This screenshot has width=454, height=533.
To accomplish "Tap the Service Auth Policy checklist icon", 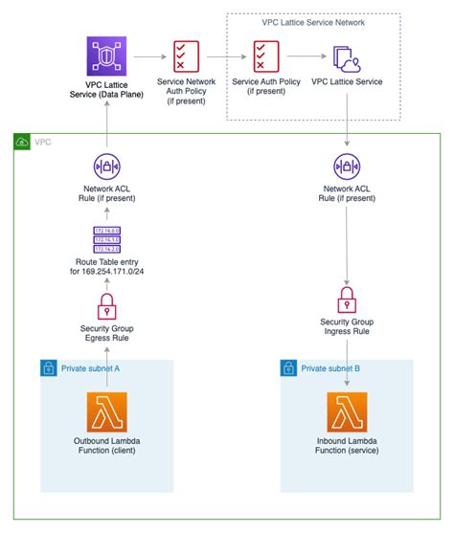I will (265, 57).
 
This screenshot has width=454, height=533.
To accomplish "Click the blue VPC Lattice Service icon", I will (346, 57).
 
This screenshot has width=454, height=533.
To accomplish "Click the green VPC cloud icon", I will (23, 142).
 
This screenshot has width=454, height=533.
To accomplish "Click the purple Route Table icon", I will (106, 240).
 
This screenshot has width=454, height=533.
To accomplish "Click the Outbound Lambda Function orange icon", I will (106, 414).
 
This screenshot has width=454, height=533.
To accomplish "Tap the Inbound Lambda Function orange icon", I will (347, 414).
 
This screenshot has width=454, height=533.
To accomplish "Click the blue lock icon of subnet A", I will (47, 367).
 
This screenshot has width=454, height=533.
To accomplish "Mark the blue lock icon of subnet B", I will (287, 367).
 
